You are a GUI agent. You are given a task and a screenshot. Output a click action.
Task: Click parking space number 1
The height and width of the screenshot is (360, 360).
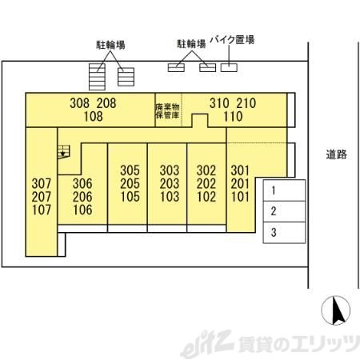coord(284,190)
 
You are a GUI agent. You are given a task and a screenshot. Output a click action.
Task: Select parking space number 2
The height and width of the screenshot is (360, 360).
coord(284,211)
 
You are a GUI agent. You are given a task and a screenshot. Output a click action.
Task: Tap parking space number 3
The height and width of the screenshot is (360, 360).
coord(284,233)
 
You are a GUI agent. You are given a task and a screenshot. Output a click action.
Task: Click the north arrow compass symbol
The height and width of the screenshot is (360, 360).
coord(336,310)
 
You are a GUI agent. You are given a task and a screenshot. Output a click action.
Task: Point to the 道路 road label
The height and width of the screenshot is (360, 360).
coord(337,154)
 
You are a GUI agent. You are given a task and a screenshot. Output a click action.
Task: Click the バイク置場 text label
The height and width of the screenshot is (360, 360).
coord(232,40)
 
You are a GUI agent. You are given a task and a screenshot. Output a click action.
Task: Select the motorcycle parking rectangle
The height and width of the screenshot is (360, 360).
coord(229,68)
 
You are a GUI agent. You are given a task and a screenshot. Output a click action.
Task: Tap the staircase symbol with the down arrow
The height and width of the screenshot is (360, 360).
coord(63,152)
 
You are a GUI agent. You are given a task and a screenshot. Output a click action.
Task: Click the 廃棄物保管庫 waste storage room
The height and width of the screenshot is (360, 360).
coord(168,110)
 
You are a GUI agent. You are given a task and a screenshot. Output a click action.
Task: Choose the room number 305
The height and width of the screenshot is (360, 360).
coord(130,170)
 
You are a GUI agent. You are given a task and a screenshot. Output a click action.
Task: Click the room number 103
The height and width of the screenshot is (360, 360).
coord(170,197)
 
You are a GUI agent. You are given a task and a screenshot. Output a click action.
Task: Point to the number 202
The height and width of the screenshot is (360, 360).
coord(206,184)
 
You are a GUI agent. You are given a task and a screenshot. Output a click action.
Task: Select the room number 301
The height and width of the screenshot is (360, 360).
coord(240,170)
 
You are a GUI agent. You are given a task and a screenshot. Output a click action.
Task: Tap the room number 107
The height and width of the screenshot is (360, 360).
coord(42,210)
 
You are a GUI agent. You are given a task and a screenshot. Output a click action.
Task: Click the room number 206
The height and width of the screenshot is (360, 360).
coord(82,197)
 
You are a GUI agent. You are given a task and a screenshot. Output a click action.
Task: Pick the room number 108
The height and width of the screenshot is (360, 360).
coord(93,117)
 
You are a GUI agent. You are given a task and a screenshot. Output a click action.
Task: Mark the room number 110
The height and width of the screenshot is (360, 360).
coord(233,117)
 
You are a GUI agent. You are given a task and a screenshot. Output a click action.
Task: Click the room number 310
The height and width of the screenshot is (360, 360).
coord(219,103)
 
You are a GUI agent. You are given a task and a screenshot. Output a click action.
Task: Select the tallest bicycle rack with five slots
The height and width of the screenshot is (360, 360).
coord(97,77)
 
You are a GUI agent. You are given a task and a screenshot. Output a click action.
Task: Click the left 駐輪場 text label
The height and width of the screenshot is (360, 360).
coord(110,45)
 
